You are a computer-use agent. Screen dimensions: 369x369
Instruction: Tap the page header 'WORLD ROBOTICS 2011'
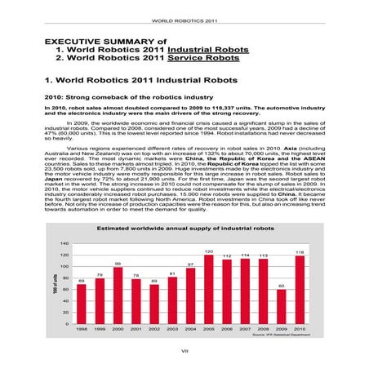click(184, 19)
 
